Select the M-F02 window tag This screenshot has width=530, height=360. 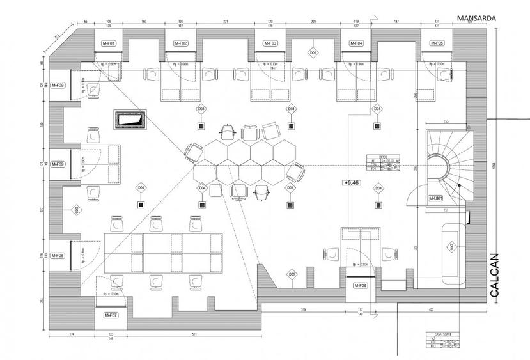point(181,43)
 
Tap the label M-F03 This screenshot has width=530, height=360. point(270,43)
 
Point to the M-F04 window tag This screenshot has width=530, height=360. point(356,43)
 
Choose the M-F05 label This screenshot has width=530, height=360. point(437,43)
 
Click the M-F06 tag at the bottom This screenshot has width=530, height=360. point(360,286)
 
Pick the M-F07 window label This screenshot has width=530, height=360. point(111,315)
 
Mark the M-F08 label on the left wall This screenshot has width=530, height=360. point(58,256)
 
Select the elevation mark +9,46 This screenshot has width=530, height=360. point(352,182)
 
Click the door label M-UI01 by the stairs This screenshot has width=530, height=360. point(437,199)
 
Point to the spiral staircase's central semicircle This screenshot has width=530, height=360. point(439,166)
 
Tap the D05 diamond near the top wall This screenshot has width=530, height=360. point(313,53)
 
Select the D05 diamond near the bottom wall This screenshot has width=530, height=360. point(292,275)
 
